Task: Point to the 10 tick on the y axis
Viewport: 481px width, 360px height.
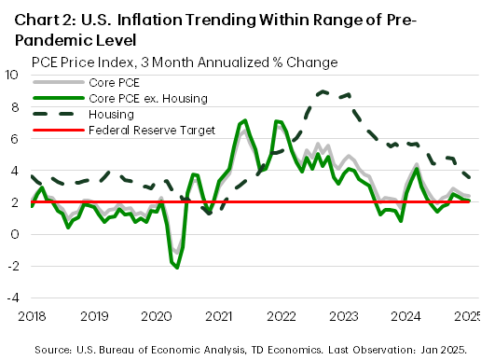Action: coord(13,75)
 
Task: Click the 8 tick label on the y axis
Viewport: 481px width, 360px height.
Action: coord(17,106)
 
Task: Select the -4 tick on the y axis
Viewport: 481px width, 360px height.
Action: coord(13,298)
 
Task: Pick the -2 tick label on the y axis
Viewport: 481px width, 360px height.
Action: coord(13,266)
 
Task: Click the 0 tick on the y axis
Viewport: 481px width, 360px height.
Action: coord(17,234)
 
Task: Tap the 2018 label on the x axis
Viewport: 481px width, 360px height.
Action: coord(19,317)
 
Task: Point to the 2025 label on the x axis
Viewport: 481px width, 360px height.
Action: coord(467,317)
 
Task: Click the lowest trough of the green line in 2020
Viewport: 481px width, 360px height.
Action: coord(177,268)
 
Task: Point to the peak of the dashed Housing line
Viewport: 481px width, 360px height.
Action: coord(322,91)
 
